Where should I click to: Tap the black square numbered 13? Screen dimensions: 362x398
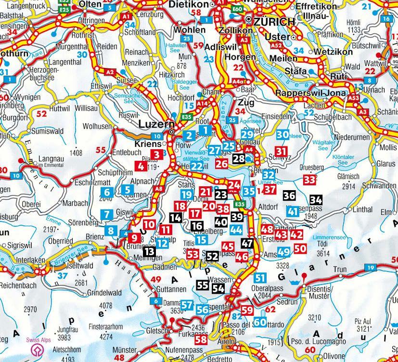click(150, 251)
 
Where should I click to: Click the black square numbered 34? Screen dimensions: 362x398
click(316, 200)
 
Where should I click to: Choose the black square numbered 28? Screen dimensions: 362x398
click(239, 158)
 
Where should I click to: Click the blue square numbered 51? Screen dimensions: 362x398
click(260, 277)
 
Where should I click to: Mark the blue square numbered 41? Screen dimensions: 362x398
click(293, 211)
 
